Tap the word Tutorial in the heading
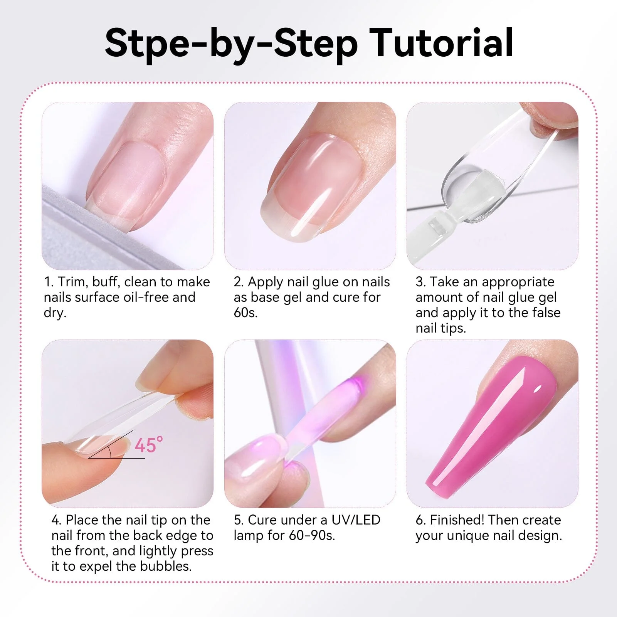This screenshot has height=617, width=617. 441,43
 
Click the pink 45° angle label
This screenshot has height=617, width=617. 148,445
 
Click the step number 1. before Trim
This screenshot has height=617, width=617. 49,282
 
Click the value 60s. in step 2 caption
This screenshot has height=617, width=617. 245,313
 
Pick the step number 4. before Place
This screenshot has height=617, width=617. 56,520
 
